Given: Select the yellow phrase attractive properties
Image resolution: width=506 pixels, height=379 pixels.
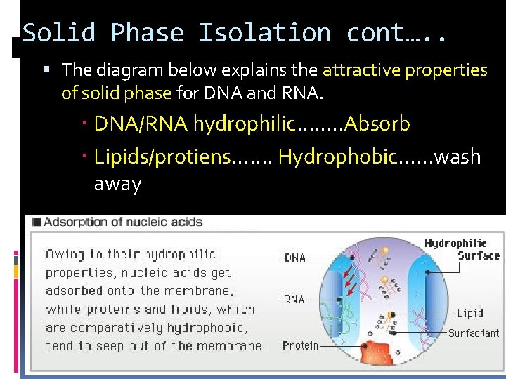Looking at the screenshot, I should (x=404, y=69).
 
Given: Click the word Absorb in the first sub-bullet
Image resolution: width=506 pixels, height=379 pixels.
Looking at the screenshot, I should (x=377, y=124).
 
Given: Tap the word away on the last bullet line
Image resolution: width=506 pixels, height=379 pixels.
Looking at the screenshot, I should (x=118, y=184).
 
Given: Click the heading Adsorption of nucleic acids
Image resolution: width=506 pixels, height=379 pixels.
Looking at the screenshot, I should (x=123, y=222).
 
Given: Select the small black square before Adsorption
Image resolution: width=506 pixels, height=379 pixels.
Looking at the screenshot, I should (x=34, y=222).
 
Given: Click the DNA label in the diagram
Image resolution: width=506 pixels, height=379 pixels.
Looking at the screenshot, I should (x=295, y=258).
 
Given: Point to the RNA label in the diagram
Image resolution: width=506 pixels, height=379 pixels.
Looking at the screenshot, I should (x=294, y=300).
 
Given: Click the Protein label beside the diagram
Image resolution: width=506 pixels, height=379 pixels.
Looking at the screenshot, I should (x=300, y=345).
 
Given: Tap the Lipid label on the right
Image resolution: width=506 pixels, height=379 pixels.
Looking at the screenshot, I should (x=470, y=313).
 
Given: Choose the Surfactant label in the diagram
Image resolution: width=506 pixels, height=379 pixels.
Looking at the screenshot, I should (x=473, y=333).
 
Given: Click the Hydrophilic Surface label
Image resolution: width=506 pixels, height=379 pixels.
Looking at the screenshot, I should (x=462, y=250).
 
